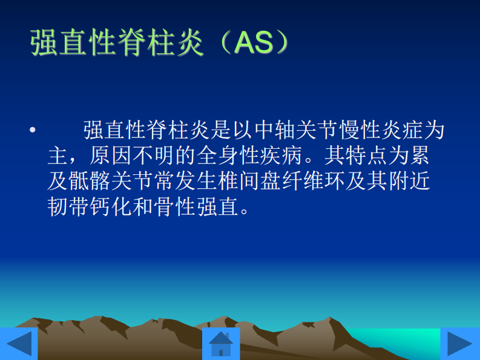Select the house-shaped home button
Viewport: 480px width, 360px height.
pyautogui.click(x=221, y=344)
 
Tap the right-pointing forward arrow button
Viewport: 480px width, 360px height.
pyautogui.click(x=460, y=344)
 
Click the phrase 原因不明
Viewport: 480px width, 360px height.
pyautogui.click(x=132, y=156)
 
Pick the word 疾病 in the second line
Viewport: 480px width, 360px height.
pyautogui.click(x=281, y=156)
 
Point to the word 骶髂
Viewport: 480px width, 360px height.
pyautogui.click(x=90, y=182)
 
